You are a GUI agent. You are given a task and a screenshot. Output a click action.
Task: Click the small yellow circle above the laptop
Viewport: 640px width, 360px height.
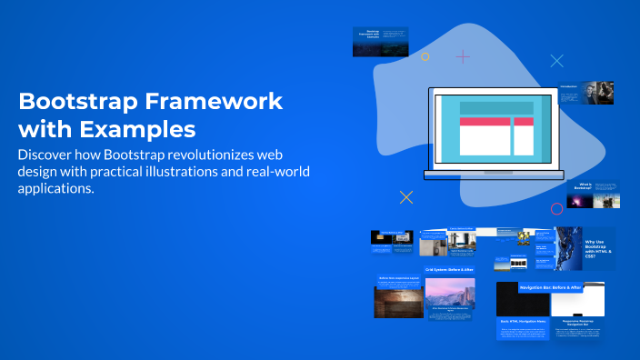425,56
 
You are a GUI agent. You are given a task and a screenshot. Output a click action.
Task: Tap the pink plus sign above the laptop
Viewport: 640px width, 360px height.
463,56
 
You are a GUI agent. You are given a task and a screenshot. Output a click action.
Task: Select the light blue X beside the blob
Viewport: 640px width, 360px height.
557,61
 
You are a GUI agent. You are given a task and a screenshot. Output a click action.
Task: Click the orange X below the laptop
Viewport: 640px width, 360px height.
406,196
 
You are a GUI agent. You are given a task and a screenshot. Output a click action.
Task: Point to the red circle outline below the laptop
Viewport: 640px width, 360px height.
556,208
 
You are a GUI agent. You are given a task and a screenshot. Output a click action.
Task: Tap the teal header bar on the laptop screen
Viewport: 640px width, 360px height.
495,108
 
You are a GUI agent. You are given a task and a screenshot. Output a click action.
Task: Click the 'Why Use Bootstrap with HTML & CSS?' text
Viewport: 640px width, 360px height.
594,247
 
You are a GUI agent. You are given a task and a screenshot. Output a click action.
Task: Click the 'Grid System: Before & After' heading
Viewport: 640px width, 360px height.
449,270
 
